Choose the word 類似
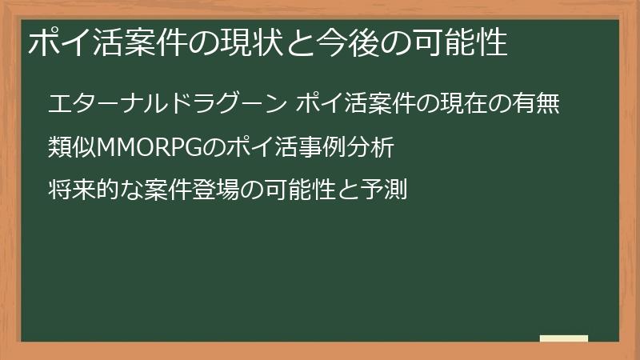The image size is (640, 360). point(71,147)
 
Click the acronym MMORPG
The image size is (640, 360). point(150,147)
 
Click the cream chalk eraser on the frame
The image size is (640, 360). point(564,339)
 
